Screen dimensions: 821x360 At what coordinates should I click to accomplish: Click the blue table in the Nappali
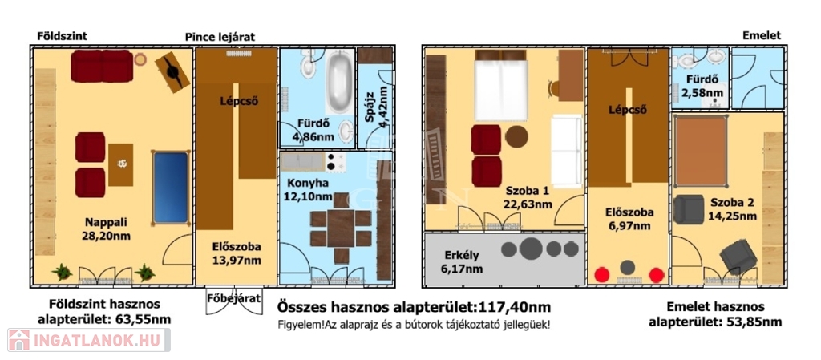[x=170, y=188]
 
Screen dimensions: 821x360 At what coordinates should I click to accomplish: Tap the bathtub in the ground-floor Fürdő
[x=340, y=83]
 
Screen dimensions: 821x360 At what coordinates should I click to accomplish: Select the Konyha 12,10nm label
[x=309, y=190]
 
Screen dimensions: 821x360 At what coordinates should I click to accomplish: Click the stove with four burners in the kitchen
[x=335, y=162]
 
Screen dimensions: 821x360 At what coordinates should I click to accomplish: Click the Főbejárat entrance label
[x=234, y=299]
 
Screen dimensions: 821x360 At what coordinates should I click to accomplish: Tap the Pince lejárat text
[x=220, y=37]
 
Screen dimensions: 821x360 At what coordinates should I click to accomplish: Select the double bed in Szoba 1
[x=500, y=85]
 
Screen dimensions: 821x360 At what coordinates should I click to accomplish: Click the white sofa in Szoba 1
[x=567, y=152]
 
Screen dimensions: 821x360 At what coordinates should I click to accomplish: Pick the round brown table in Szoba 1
[x=517, y=137]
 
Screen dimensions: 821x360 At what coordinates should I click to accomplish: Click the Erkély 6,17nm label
[x=461, y=262]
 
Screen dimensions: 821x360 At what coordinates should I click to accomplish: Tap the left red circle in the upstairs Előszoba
[x=603, y=275]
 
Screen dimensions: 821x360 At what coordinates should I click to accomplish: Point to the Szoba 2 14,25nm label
[x=733, y=208]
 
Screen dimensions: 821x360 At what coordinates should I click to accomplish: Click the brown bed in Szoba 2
[x=701, y=152]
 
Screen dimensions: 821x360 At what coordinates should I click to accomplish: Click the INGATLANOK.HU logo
[x=89, y=340]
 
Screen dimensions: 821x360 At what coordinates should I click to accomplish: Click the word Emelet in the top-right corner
[x=762, y=35]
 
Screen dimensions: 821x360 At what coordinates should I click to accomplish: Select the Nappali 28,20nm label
[x=106, y=229]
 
